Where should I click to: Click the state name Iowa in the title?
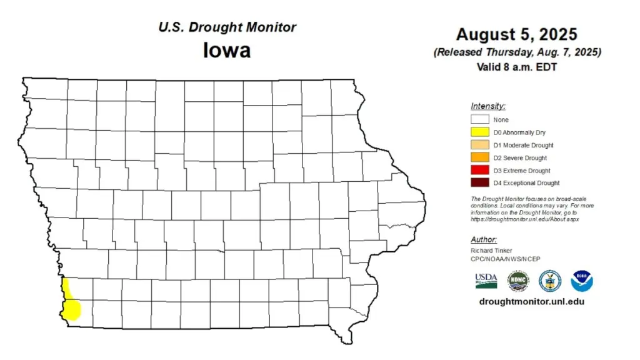[x=226, y=49]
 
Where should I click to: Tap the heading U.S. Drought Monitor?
[x=227, y=27]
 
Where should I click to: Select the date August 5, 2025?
[x=516, y=34]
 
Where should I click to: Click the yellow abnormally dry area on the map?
[x=72, y=303]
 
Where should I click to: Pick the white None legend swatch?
[x=480, y=119]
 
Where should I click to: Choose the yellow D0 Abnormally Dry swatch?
[x=480, y=132]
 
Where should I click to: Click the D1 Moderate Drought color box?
[x=480, y=145]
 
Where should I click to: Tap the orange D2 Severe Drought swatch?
[x=480, y=157]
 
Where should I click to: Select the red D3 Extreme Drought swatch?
[x=480, y=171]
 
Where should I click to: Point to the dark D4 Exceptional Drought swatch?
[x=480, y=183]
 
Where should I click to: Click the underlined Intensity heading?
[x=488, y=106]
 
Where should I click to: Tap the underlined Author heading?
[x=484, y=239]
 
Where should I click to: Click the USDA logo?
[x=486, y=280]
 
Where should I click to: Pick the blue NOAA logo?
[x=582, y=281]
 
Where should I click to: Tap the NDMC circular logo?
[x=518, y=281]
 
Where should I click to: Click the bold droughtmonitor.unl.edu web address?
[x=531, y=301]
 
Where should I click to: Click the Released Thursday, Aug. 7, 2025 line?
[x=517, y=52]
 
